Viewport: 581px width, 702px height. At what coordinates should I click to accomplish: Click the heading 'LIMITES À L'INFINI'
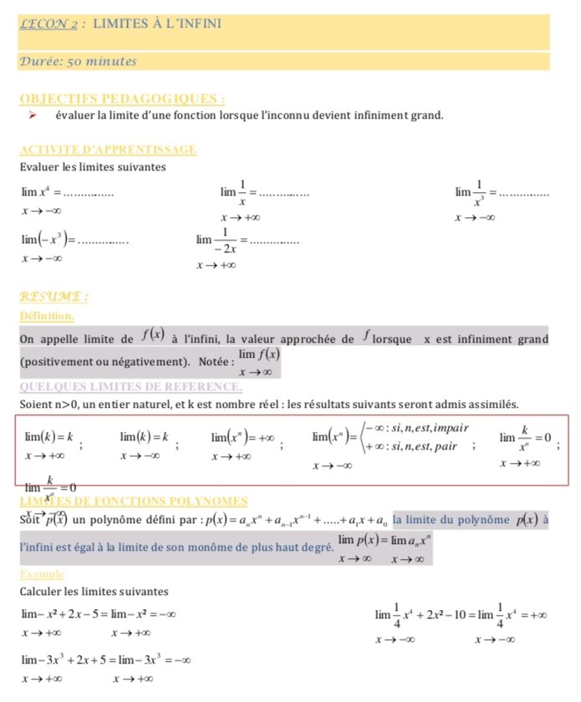157,23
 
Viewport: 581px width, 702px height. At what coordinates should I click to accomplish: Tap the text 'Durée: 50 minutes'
78,61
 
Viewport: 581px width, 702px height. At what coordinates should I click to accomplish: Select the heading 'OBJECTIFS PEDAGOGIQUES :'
121,99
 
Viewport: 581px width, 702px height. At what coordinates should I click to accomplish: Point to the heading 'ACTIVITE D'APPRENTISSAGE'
108,150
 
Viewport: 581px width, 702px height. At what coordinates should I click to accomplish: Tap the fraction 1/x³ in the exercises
480,191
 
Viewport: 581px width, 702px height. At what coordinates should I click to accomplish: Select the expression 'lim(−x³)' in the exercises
48,240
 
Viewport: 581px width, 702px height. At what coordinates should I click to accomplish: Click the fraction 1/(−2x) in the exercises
223,241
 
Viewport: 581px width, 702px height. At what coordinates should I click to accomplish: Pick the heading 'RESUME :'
54,297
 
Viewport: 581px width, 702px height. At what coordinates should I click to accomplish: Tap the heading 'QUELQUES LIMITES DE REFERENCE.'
130,387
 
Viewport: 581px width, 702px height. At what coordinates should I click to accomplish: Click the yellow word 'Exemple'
42,575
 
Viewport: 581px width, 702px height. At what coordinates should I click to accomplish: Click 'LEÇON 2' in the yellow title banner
48,24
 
